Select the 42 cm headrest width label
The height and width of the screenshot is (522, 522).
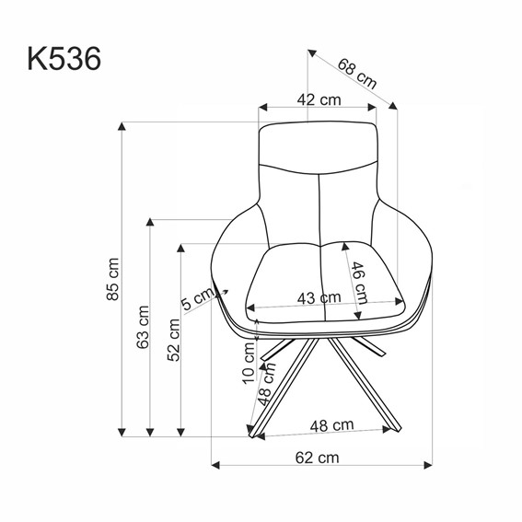(319, 99)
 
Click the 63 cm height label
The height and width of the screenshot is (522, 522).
(141, 327)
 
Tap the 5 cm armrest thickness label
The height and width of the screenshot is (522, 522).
(196, 298)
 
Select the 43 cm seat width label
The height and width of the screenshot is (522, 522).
(319, 297)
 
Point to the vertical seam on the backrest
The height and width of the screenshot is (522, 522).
(319, 207)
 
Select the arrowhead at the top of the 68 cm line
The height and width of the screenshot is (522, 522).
(307, 52)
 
